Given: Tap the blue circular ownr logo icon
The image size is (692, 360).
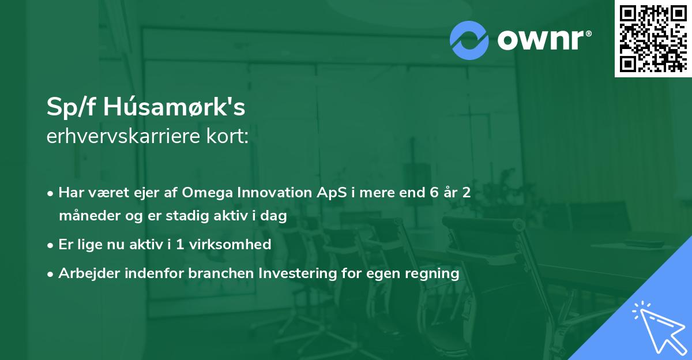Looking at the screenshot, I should [x=469, y=40].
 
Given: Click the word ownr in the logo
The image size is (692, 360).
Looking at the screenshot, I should [x=544, y=40].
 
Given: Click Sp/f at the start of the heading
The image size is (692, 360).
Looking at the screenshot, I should [x=68, y=108].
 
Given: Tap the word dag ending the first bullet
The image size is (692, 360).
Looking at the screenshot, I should [x=274, y=216].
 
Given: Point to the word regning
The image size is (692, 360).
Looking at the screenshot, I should [x=432, y=273].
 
